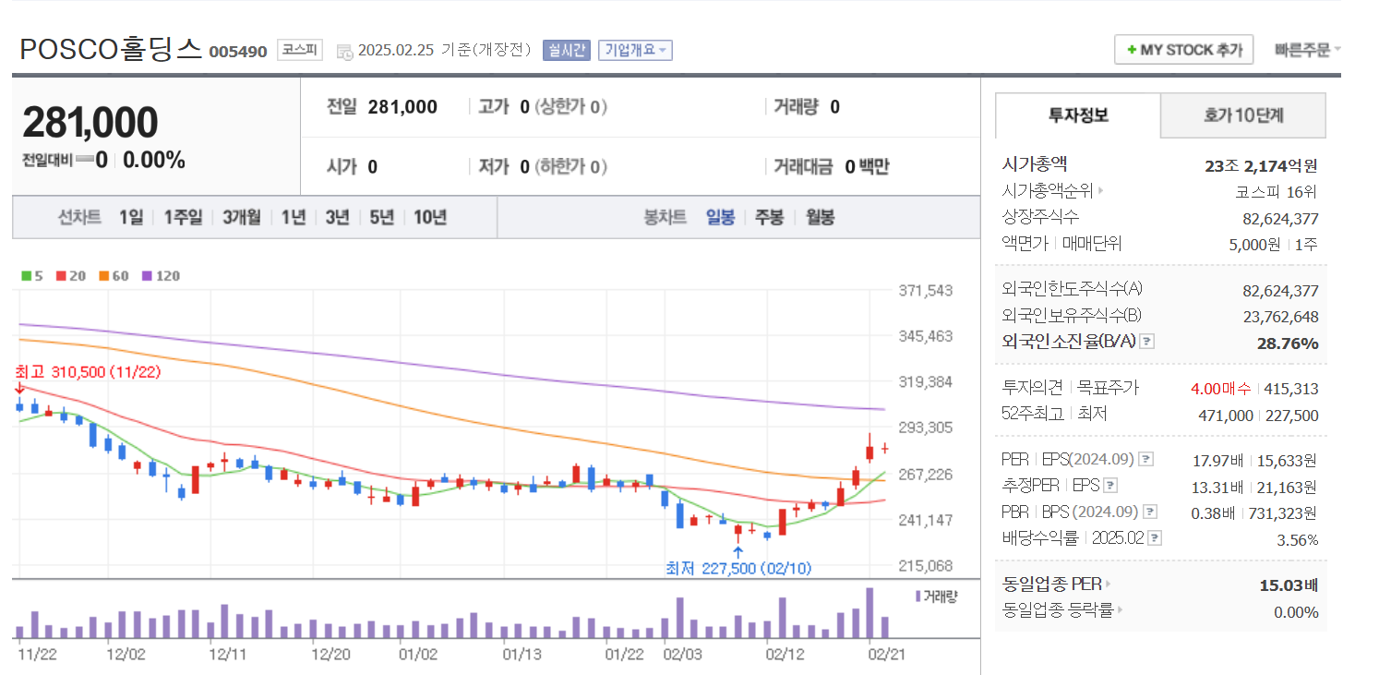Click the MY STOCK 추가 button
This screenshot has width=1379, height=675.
1183,50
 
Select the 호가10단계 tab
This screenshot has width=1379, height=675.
1242,115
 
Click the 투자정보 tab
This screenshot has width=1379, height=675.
1077,115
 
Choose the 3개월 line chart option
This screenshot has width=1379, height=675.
241,217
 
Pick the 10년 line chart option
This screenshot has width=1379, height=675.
430,217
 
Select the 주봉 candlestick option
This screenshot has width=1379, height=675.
769,217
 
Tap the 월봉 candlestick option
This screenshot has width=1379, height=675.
820,217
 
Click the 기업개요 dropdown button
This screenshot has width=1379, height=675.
635,50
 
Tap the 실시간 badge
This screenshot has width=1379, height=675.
566,50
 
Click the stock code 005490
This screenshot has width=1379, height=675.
238,52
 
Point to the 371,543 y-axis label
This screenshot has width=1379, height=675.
925,291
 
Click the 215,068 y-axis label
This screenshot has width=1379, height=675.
925,565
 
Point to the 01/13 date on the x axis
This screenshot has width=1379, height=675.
521,654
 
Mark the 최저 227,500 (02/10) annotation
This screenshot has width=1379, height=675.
738,568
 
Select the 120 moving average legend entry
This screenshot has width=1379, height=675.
162,276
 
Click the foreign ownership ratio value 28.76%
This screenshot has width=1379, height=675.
1287,344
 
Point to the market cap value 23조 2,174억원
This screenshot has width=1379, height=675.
1260,166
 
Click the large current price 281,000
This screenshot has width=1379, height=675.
90,123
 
